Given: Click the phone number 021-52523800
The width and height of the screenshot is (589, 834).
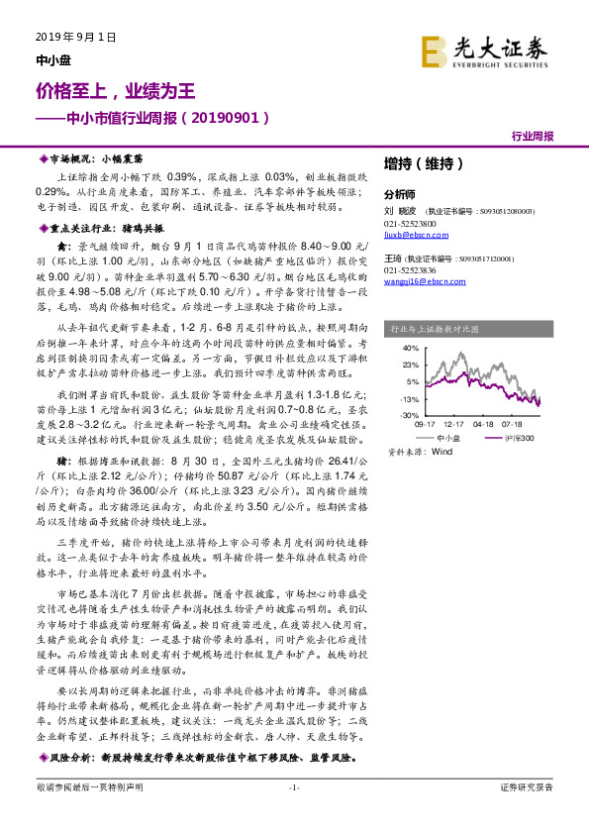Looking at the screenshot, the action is (411, 223).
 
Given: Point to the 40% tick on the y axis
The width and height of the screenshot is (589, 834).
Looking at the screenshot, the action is (410, 349).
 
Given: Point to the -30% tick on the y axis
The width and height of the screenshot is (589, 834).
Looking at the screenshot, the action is (409, 415).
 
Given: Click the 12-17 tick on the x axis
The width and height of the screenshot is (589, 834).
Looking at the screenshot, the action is (455, 423).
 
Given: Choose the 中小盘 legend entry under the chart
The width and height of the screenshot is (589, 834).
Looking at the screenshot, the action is (448, 436).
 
